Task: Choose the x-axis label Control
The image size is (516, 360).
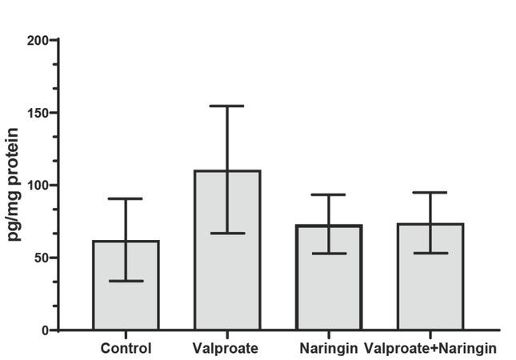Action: (x=126, y=349)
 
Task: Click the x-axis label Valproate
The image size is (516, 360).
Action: (x=225, y=349)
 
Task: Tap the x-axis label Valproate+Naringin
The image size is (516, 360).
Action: (x=430, y=349)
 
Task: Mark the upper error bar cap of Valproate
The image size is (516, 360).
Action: (x=227, y=106)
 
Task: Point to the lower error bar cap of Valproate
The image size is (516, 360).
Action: (x=227, y=233)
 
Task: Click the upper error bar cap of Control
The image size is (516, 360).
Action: (x=126, y=198)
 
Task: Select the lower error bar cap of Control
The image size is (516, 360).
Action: (x=126, y=281)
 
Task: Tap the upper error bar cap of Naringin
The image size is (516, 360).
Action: (x=329, y=194)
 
